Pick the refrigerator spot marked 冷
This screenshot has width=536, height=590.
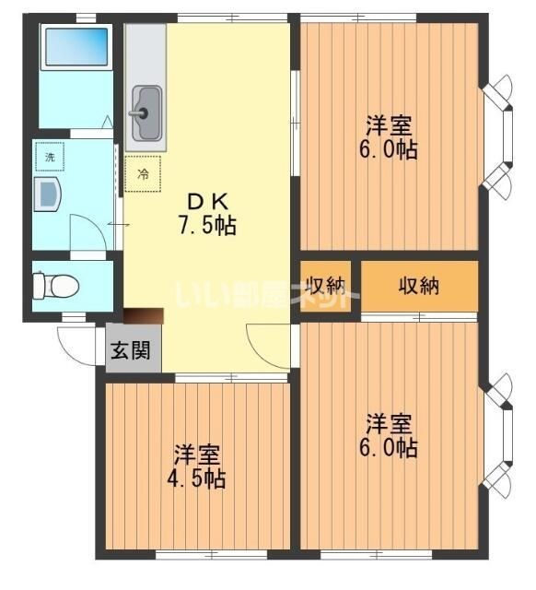[143, 172]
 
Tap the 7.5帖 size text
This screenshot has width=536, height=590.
[207, 225]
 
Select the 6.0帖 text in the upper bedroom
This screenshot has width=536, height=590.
[390, 149]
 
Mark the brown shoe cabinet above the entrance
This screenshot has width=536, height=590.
[144, 316]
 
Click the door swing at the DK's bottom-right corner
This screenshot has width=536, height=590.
[269, 345]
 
